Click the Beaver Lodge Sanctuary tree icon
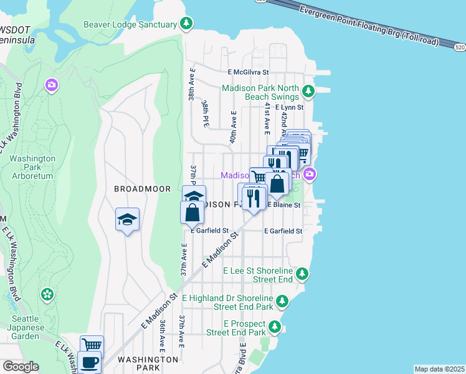coord(186,24)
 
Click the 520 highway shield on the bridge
coord(459,47)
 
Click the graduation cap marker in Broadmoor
coord(127,220)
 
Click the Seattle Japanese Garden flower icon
coord(47,294)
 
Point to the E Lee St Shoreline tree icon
coord(302,274)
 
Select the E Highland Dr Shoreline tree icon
coord(283,302)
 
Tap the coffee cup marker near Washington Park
coord(89,362)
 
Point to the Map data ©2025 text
coord(439,369)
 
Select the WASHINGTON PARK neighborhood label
coord(148,360)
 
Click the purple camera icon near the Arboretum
coord(52,84)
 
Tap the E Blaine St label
coord(284,204)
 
